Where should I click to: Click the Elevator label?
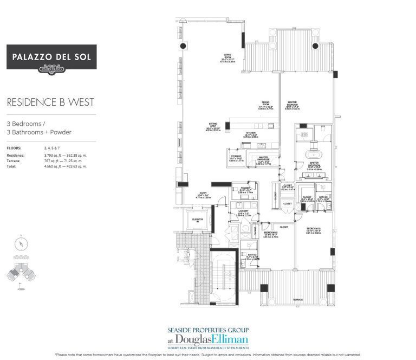pyautogui.click(x=197, y=220)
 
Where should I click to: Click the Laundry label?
pyautogui.click(x=243, y=214)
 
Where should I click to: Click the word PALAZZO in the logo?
pyautogui.click(x=32, y=56)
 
